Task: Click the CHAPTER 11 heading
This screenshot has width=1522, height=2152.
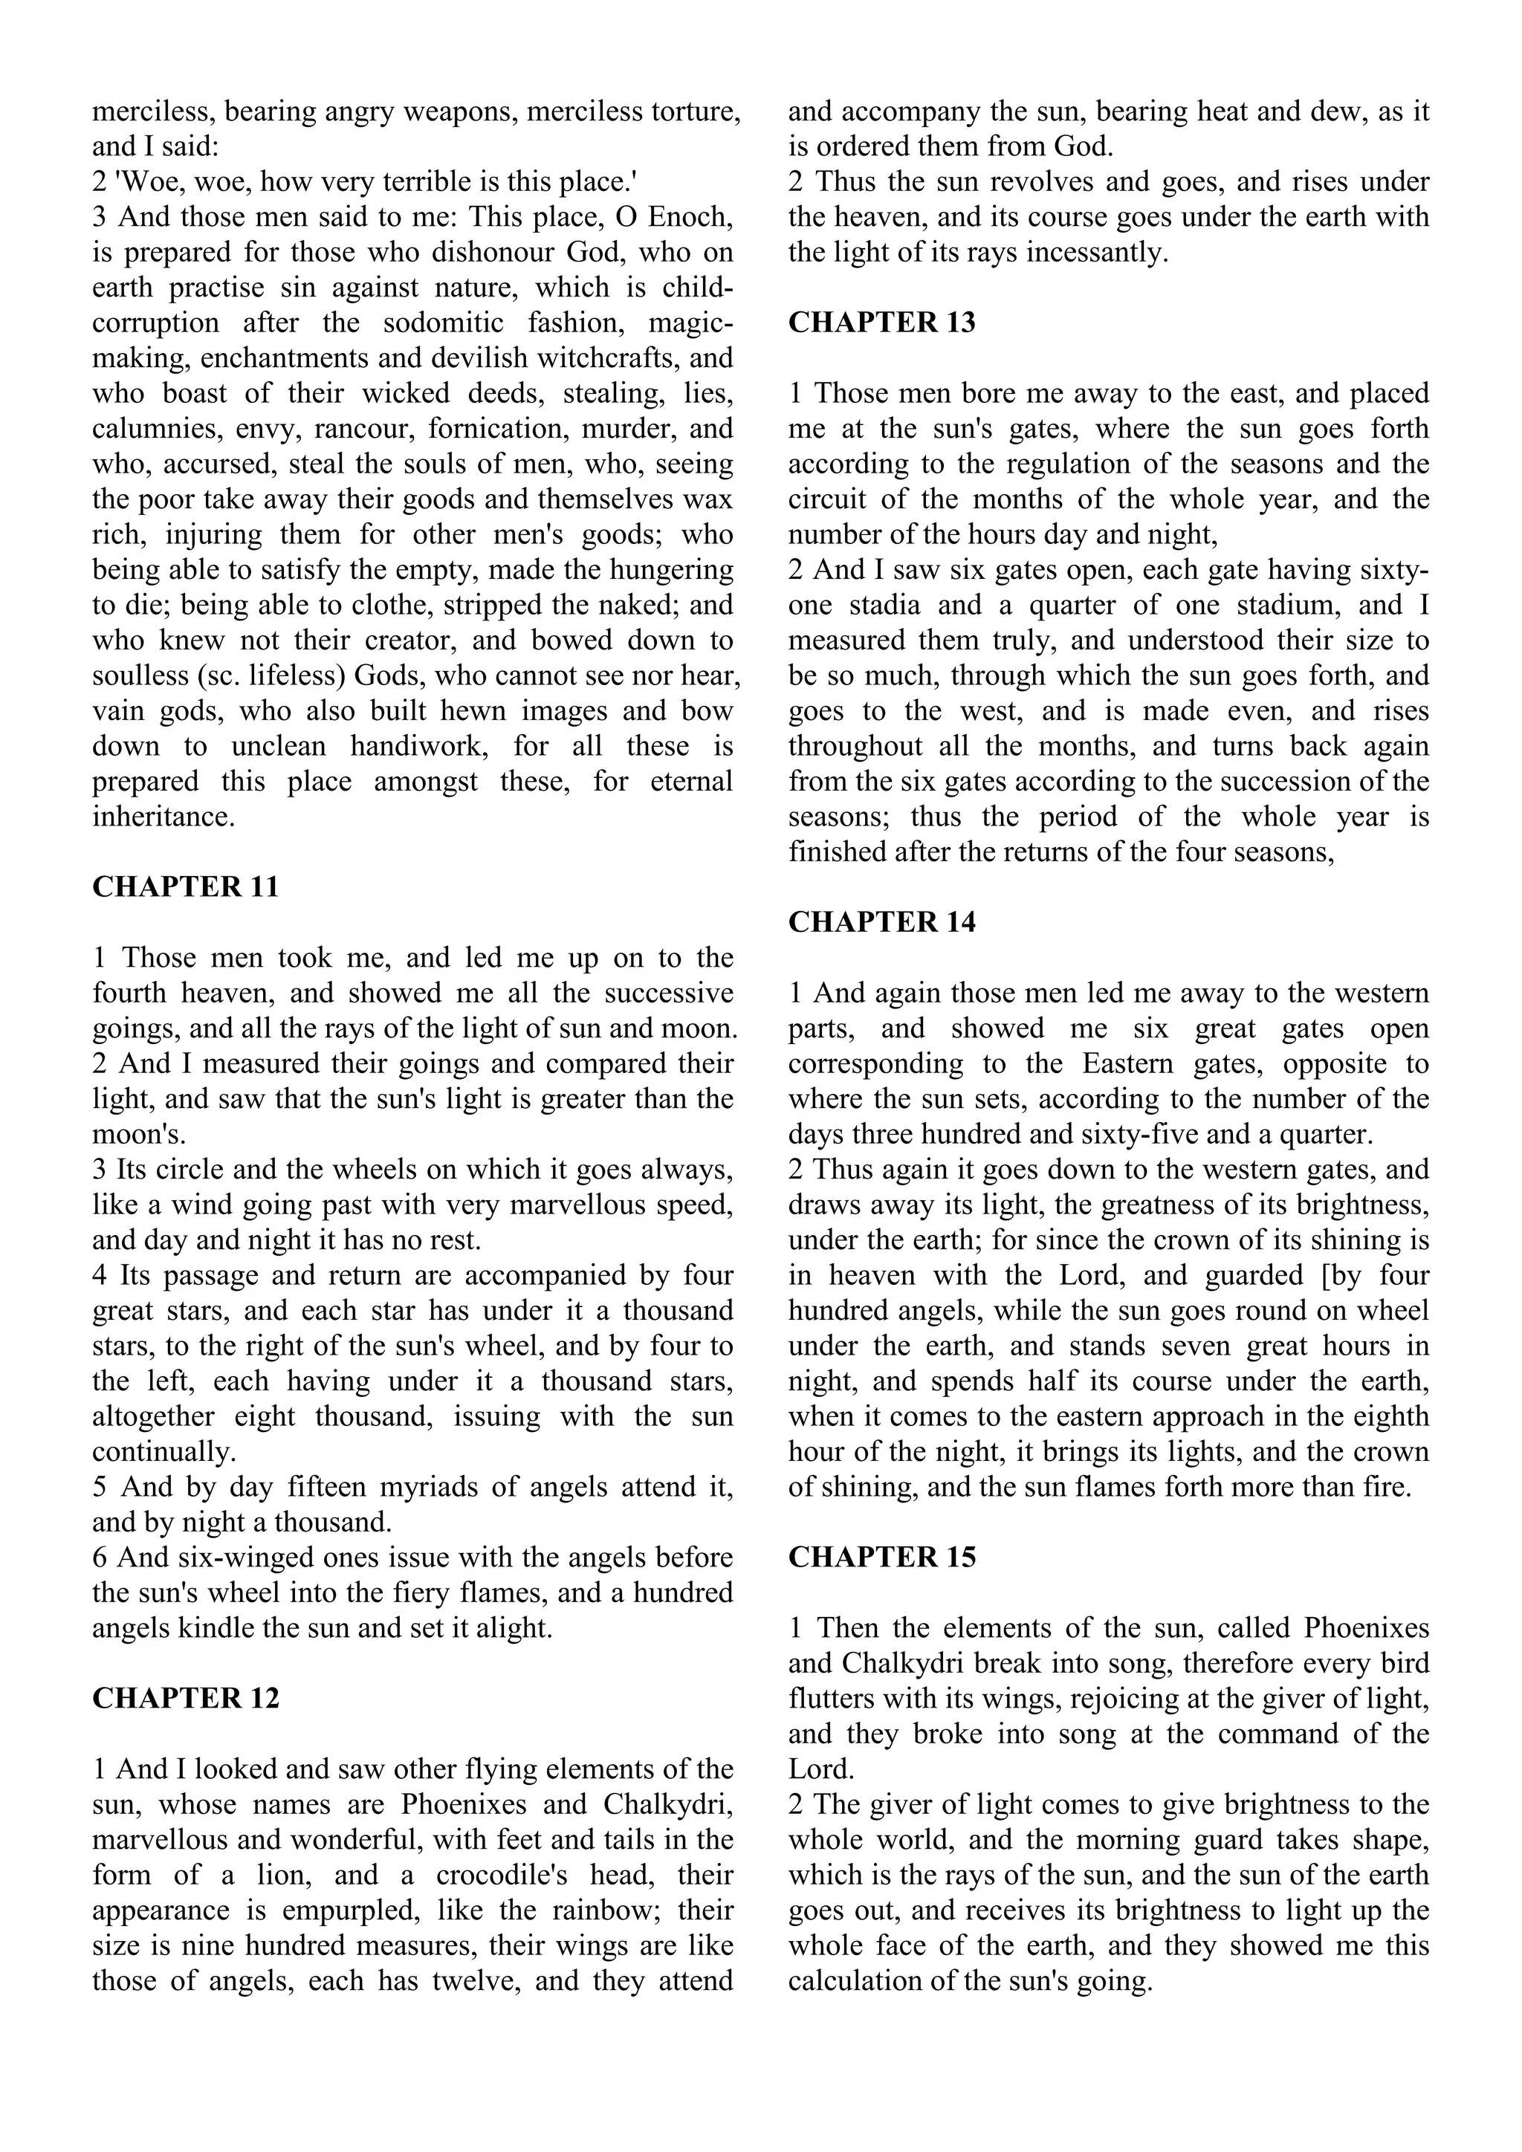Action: [186, 887]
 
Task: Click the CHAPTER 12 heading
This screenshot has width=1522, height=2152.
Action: [186, 1699]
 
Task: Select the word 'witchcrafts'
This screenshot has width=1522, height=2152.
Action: [598, 358]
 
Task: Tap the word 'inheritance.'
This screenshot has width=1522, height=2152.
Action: [163, 817]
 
